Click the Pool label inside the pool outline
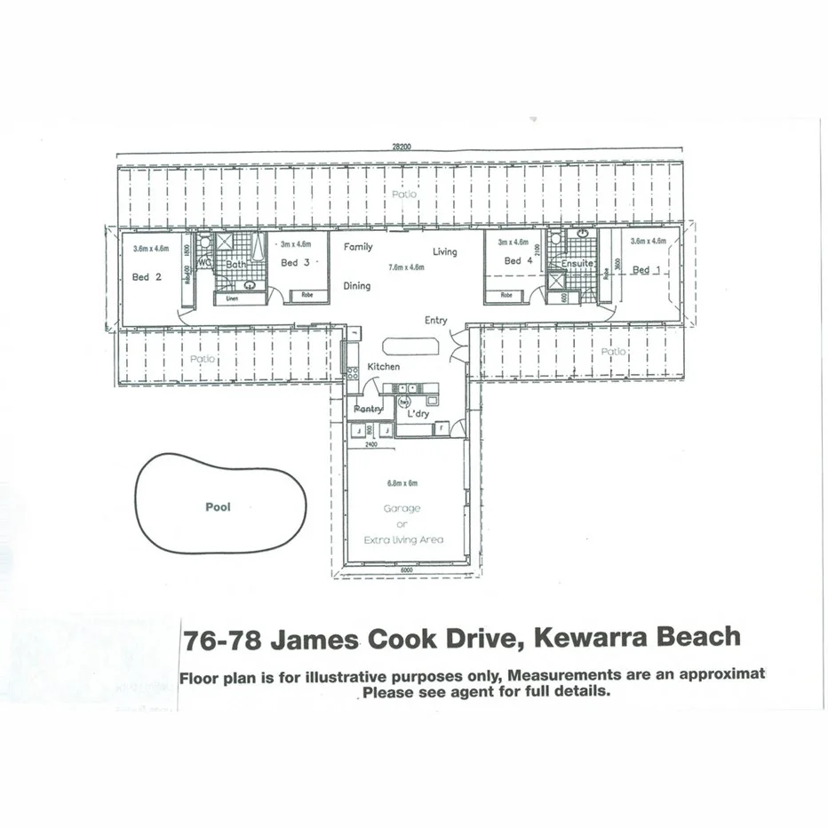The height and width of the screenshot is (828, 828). click(x=218, y=507)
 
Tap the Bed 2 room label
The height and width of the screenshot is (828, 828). click(x=147, y=276)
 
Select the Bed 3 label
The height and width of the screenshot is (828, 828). click(x=295, y=262)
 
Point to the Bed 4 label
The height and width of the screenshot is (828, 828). click(x=518, y=260)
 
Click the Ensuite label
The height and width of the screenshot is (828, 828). click(x=577, y=263)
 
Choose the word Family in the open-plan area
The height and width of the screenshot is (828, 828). click(x=358, y=247)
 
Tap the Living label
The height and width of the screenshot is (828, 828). click(x=445, y=251)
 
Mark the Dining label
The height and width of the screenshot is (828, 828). click(x=357, y=286)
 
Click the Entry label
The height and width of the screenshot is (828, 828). click(x=435, y=321)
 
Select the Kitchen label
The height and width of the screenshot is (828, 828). click(x=384, y=366)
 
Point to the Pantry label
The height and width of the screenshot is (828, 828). click(x=367, y=409)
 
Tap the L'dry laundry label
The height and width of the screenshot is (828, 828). click(x=418, y=414)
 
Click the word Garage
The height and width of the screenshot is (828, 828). click(x=402, y=509)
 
